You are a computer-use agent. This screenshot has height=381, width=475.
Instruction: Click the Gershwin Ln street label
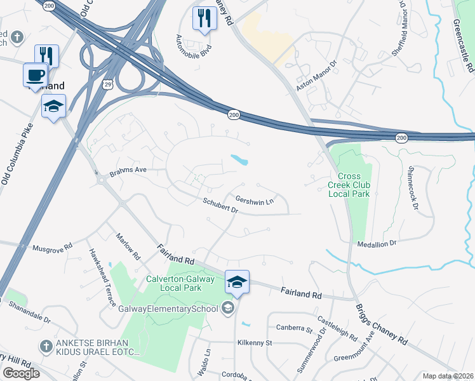[254, 201]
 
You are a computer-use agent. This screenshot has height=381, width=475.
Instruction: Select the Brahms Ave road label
[128, 170]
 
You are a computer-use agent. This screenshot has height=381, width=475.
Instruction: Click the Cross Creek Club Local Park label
[349, 184]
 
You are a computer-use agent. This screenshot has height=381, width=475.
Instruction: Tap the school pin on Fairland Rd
[236, 281]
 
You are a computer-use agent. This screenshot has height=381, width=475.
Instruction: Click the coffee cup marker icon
[36, 75]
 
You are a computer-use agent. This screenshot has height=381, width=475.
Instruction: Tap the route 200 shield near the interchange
[234, 114]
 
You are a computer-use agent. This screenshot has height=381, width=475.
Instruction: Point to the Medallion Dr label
[376, 243]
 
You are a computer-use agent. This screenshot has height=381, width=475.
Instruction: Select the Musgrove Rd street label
[53, 248]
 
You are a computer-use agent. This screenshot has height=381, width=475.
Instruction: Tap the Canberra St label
[294, 328]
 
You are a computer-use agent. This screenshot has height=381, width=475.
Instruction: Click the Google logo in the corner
[21, 373]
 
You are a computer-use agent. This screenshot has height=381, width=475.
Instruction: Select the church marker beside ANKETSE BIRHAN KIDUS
[45, 346]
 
